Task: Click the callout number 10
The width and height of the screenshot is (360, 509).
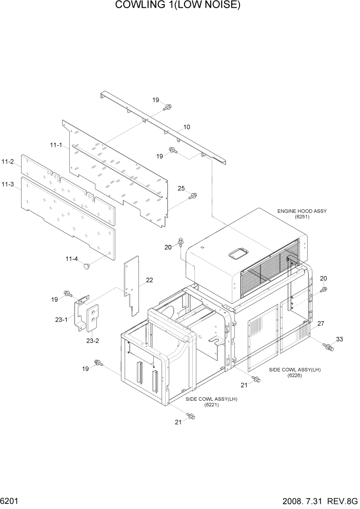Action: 187,127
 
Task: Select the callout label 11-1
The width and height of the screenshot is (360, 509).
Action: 56,146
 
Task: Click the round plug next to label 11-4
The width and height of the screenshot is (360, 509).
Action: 87,265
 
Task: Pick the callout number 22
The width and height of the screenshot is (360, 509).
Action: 149,280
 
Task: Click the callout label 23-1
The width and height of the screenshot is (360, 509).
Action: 62,319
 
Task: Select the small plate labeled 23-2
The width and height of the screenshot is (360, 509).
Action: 93,318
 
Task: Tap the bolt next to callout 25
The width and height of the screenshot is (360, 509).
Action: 193,196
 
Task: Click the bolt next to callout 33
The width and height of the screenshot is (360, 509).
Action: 328,347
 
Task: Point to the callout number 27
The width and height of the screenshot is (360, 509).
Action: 321,324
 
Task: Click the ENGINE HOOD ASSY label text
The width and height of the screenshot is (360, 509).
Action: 302,211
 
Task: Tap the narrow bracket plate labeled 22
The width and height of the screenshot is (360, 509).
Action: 132,285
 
